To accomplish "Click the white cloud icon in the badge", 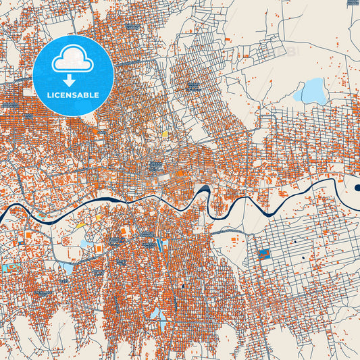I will click(x=73, y=59).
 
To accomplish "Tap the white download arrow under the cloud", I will click(x=73, y=80).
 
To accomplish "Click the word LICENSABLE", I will click(x=73, y=95).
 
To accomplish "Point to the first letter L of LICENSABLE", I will click(x=49, y=95).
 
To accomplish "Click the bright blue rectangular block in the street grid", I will click(x=264, y=255).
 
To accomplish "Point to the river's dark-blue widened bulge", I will click(x=204, y=190).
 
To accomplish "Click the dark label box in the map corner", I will click(x=353, y=3).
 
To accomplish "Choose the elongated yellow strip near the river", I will click(x=80, y=224).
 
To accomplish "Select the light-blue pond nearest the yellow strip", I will click(x=85, y=242).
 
